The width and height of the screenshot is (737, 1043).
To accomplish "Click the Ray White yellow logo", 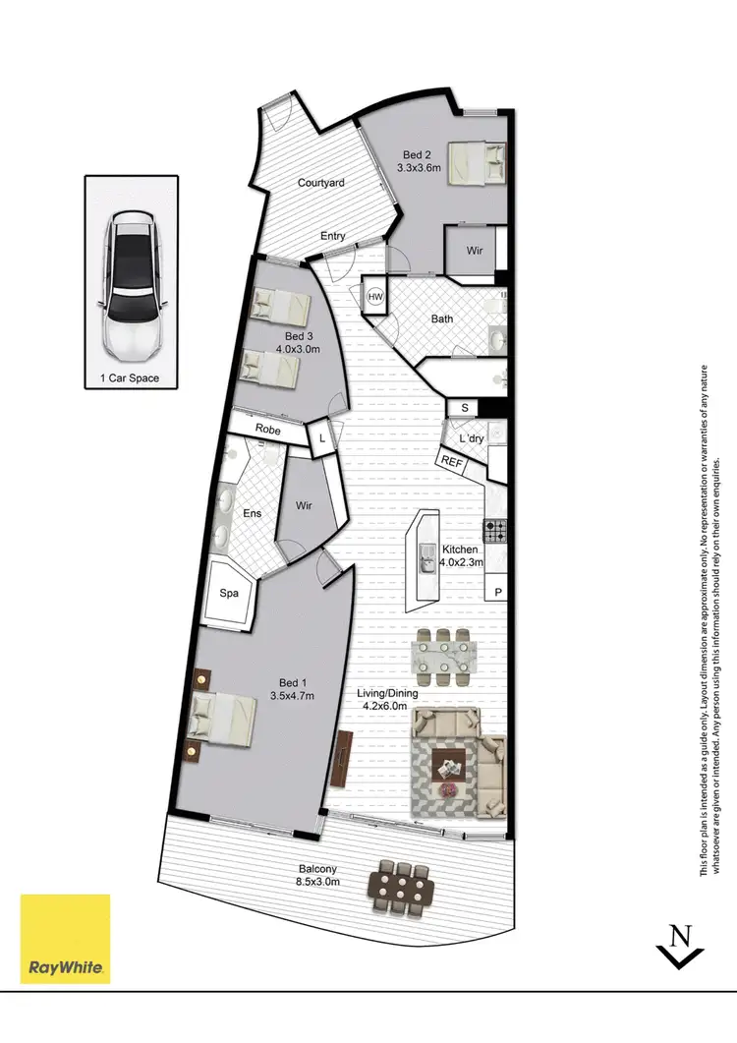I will pos(66,938).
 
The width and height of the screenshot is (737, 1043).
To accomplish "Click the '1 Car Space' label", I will pos(131,377).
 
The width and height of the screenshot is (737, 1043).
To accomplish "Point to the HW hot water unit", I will pos(375,295).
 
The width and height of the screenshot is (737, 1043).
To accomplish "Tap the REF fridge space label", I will pos(452,460).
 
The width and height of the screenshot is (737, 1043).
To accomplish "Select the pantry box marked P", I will pos(498,592).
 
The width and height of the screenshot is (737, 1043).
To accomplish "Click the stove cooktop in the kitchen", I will pos(494,532).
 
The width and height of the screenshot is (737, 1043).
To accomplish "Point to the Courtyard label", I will pos(320,183).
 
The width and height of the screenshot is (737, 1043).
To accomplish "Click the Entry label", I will pos(333,236).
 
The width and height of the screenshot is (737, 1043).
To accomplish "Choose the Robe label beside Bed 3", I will pos(266,430).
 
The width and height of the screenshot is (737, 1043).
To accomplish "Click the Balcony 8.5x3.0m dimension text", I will pos(320,875).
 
